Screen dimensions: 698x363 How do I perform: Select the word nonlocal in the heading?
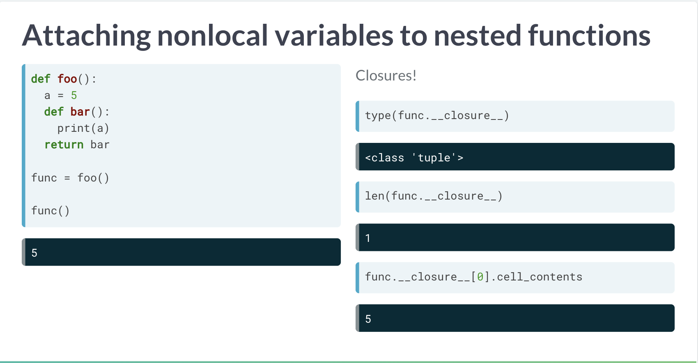(x=213, y=35)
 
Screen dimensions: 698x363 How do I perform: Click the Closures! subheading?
(x=386, y=76)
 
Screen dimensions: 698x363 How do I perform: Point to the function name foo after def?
(x=67, y=79)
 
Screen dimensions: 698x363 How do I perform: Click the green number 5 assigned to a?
(x=74, y=95)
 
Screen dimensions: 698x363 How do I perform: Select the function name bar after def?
(x=80, y=112)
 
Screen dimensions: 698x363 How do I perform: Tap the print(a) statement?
(x=83, y=129)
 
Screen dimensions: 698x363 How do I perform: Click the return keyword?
(x=64, y=145)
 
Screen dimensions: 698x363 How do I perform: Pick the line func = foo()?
(x=70, y=178)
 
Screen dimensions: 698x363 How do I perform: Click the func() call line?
(x=51, y=211)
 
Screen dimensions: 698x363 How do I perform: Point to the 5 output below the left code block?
(x=34, y=253)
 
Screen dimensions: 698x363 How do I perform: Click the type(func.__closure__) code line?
(x=437, y=116)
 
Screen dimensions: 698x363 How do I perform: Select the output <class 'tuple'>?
(x=414, y=158)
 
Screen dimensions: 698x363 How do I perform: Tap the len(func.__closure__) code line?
(x=434, y=196)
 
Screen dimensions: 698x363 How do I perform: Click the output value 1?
(x=368, y=238)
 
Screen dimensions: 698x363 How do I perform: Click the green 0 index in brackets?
(x=480, y=277)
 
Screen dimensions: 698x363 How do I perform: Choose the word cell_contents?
(x=540, y=277)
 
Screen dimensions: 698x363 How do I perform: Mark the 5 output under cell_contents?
(x=368, y=319)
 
